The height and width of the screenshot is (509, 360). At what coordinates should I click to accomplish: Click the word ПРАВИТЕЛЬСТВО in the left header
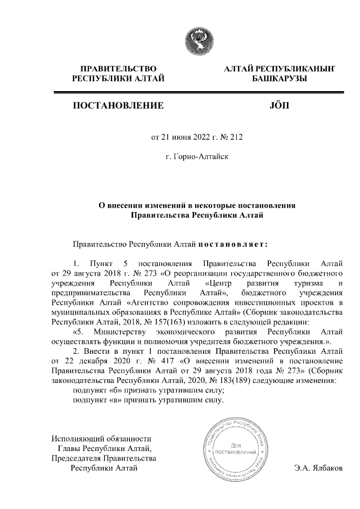(x=118, y=69)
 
